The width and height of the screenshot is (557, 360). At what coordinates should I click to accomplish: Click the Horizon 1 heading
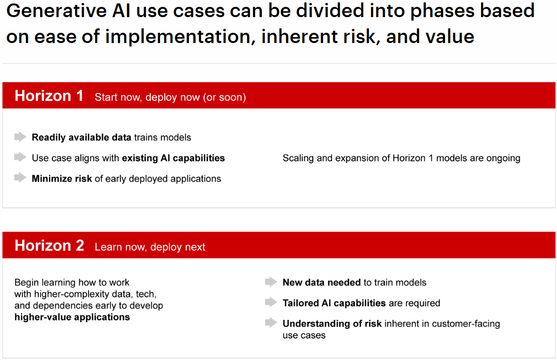[x=49, y=96]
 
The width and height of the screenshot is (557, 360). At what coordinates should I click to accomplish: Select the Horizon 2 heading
[x=49, y=246]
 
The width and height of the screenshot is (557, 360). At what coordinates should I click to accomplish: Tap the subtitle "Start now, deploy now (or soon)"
[x=170, y=97]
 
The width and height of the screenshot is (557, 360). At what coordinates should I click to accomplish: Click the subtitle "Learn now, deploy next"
[x=150, y=247]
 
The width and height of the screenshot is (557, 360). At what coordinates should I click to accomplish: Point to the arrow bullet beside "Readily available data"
[x=20, y=136]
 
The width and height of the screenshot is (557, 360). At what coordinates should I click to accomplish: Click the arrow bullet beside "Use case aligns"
[x=20, y=157]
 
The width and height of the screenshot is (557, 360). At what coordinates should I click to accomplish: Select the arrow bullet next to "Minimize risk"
[x=20, y=178]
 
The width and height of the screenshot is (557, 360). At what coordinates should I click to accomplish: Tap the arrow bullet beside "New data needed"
[x=271, y=282]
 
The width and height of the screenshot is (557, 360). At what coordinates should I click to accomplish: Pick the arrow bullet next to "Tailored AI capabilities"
[x=271, y=302]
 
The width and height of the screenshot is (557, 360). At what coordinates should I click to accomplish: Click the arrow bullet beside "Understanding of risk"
[x=271, y=323]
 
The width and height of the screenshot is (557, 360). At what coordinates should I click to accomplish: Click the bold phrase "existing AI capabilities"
[x=173, y=158]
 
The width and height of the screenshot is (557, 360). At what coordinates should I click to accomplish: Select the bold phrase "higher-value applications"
[x=72, y=317]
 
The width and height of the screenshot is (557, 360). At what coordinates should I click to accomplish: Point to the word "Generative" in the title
[x=56, y=11]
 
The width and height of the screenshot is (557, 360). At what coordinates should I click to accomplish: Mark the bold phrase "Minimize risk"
[x=62, y=179]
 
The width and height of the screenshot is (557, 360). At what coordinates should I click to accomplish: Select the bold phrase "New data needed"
[x=322, y=283]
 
